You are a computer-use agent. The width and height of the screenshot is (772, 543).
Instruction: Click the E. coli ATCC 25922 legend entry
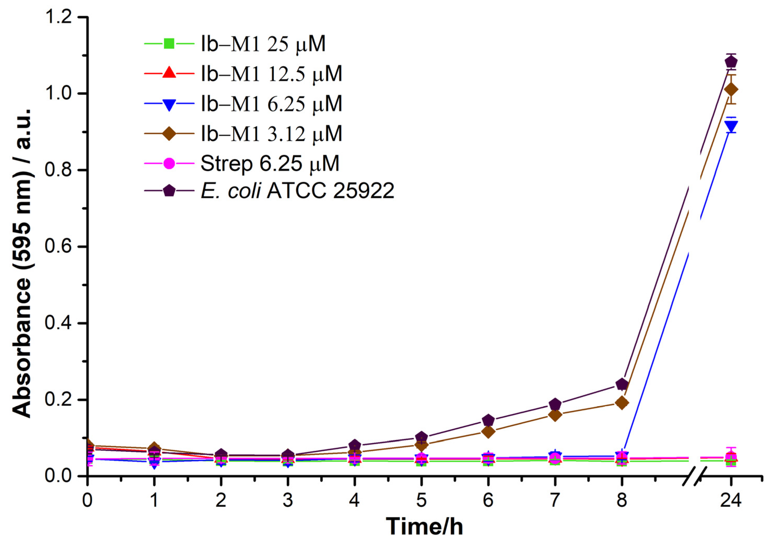click(297, 191)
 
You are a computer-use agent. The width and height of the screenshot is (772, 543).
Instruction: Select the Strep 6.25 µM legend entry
click(270, 164)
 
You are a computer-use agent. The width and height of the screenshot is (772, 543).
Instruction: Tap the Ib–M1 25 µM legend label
click(263, 44)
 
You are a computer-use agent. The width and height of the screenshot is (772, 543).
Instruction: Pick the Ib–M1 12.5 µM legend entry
click(271, 73)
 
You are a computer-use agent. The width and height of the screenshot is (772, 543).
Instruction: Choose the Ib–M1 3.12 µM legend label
click(271, 133)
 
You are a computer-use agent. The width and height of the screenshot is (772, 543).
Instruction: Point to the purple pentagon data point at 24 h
click(731, 62)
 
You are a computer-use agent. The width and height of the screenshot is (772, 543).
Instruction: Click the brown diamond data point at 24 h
click(731, 90)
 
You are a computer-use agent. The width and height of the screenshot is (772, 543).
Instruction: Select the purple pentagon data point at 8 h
click(622, 384)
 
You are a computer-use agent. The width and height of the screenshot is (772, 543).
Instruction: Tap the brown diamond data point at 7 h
click(555, 415)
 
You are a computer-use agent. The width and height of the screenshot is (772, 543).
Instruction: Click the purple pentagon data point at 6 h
click(488, 420)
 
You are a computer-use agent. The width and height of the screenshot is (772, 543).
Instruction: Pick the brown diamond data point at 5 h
click(421, 445)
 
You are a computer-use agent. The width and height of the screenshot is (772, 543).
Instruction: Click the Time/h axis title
click(424, 526)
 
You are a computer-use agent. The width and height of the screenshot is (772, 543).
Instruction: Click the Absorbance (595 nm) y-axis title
click(22, 264)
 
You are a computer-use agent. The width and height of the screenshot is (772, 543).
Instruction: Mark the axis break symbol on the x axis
click(693, 476)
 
